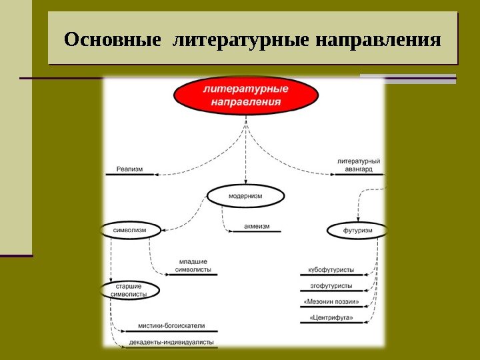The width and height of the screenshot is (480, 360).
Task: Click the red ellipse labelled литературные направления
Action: click(245, 95)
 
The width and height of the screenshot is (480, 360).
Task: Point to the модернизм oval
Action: click(245, 196)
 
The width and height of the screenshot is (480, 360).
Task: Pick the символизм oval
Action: click(133, 230)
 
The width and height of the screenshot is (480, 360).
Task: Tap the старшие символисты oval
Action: click(131, 289)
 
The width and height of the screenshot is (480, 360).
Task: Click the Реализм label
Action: click(129, 169)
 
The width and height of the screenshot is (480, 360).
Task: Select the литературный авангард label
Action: click(359, 165)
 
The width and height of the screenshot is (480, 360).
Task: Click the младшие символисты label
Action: click(193, 265)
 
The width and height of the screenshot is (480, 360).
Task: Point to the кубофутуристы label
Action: click(331, 271)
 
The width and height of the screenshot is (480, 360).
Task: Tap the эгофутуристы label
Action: click(331, 285)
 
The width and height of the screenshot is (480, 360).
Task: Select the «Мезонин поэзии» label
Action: click(331, 301)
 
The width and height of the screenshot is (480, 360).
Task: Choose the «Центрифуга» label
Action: click(331, 317)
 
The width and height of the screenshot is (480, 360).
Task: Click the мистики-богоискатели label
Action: click(171, 326)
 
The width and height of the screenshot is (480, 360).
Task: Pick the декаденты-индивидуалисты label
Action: click(171, 341)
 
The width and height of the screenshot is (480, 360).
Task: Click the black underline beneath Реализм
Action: click(129, 175)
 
